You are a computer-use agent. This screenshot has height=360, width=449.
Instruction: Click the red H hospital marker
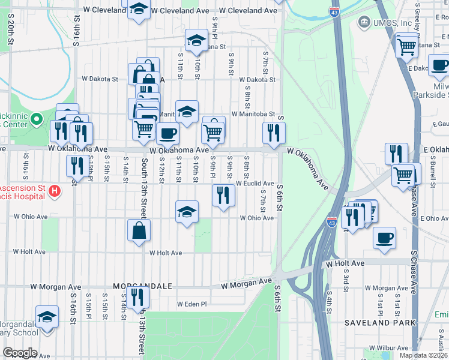(55, 192)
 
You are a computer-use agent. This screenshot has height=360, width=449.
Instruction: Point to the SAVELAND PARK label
(380, 323)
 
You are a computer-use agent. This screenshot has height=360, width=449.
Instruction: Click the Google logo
(19, 353)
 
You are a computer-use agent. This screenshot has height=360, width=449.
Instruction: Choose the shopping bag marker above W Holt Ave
(139, 230)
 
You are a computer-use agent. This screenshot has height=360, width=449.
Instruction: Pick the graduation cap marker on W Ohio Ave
(187, 211)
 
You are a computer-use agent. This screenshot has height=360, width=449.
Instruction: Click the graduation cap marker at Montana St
(196, 40)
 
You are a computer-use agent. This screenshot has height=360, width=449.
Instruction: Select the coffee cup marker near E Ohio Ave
(384, 236)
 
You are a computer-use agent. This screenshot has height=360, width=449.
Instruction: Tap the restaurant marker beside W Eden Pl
(139, 296)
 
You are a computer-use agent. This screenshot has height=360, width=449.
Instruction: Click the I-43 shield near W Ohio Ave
(331, 223)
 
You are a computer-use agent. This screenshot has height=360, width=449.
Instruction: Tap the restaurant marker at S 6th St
(274, 133)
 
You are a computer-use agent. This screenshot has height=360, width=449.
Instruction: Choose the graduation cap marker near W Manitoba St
(187, 111)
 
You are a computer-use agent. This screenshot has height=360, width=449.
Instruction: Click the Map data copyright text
(423, 355)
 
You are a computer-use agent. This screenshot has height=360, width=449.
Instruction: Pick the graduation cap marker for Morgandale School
(47, 316)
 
